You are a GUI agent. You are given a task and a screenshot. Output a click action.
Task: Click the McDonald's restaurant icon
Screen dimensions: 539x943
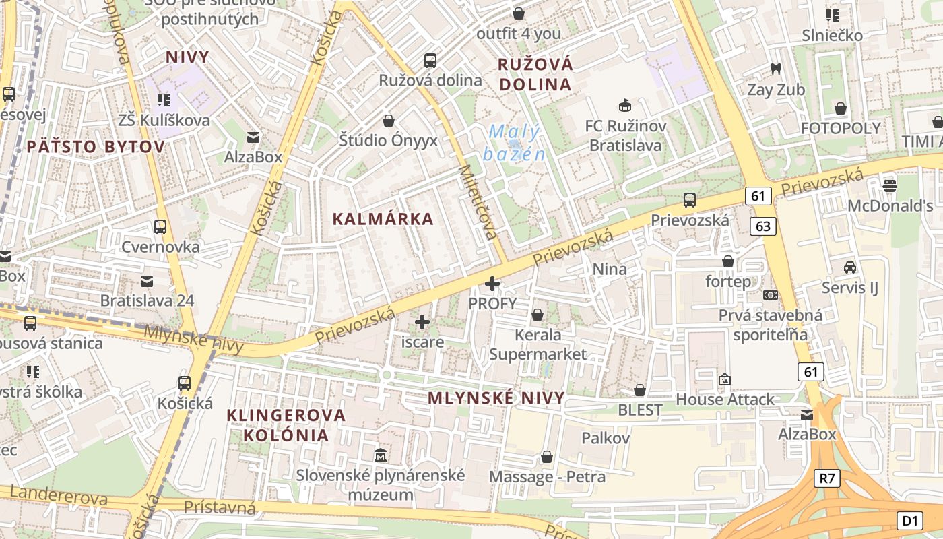tap(890, 184)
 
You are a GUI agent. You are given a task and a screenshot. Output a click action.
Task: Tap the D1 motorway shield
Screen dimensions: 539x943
tap(909, 521)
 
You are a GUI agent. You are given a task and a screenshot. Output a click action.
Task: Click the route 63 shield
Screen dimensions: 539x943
tap(763, 226)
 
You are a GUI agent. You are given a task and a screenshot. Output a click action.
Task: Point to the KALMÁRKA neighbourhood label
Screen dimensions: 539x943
tap(383, 219)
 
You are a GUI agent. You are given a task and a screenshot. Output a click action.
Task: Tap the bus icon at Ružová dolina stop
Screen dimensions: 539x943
tap(430, 61)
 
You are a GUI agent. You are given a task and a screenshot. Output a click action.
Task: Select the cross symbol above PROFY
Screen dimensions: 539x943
tap(493, 284)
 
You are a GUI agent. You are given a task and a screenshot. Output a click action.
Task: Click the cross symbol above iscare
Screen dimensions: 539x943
tap(422, 322)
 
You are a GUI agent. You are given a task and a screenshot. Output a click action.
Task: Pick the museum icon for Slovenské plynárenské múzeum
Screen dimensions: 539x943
tap(381, 455)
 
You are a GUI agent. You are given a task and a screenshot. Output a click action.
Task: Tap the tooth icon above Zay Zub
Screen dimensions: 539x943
tap(775, 69)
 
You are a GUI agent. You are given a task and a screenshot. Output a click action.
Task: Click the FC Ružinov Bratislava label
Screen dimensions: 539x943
tap(625, 135)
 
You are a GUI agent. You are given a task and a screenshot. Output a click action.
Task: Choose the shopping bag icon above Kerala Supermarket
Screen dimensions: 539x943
tap(538, 315)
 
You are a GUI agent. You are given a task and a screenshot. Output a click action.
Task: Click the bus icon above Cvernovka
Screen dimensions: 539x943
tap(160, 227)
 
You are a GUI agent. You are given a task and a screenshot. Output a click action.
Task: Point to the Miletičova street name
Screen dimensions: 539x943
tap(478, 202)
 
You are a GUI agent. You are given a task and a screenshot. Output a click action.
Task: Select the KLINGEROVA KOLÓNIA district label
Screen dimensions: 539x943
tap(286, 424)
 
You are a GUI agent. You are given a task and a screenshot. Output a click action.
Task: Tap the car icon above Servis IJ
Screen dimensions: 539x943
tap(850, 267)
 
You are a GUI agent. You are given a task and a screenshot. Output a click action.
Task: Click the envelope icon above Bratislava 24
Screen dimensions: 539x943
tap(147, 281)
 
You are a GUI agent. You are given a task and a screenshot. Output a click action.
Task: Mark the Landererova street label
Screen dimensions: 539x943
tap(59, 497)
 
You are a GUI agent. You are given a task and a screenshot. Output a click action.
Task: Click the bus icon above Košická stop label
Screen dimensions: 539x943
tap(185, 383)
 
